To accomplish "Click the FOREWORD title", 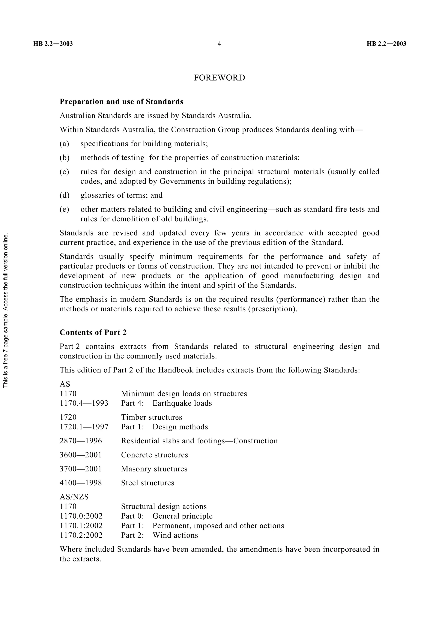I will click(219, 78).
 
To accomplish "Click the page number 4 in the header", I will click(219, 44).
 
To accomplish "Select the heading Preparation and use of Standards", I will click(122, 102).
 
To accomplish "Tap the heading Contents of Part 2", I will click(93, 332).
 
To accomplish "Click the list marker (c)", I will click(64, 172).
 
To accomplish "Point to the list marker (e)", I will click(64, 209).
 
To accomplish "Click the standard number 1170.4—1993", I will click(84, 403).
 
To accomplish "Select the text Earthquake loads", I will click(182, 403).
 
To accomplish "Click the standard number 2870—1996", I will click(81, 441).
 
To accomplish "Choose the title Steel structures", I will click(148, 483).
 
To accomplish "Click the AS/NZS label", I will click(74, 497).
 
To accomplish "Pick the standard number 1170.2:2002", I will click(81, 535).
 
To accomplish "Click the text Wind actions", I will click(175, 535).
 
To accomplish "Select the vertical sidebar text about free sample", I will click(6, 310).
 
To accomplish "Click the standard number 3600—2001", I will click(81, 455).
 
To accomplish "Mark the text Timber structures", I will click(152, 417).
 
